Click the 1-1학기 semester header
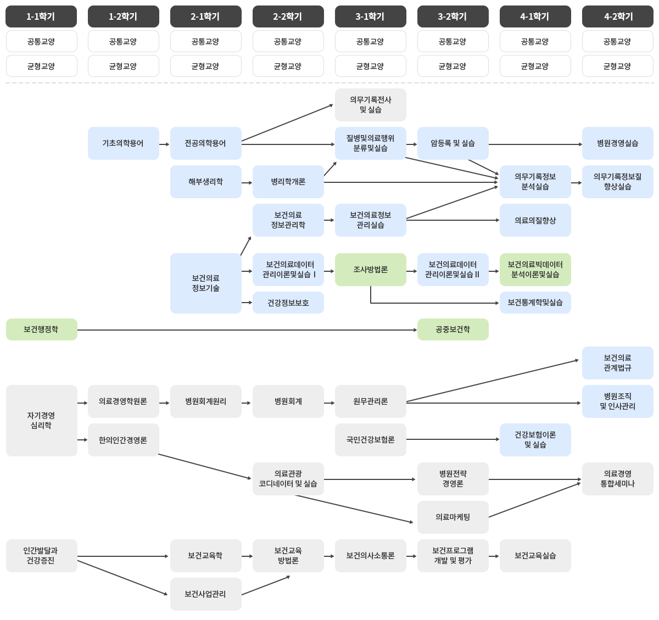[x=41, y=16]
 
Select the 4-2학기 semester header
[x=618, y=16]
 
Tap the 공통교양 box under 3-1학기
[x=371, y=41]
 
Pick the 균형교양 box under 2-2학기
[x=288, y=66]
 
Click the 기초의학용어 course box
[x=124, y=143]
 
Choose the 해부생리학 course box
[x=206, y=182]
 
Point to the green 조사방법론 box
[x=371, y=270]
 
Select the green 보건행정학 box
[x=42, y=329]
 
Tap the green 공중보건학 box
[x=453, y=329]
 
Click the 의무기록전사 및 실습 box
[x=371, y=105]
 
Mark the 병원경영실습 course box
[x=618, y=143]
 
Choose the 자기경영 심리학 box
[x=42, y=421]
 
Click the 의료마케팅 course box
[x=453, y=517]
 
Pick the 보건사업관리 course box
[x=206, y=594]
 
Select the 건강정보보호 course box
[x=288, y=303]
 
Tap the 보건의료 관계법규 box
[x=618, y=363]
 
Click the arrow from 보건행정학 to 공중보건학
[x=247, y=330]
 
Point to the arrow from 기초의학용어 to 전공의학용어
[x=164, y=144]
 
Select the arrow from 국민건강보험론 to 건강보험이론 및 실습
[x=453, y=439]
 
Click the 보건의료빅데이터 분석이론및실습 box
[x=535, y=270]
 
